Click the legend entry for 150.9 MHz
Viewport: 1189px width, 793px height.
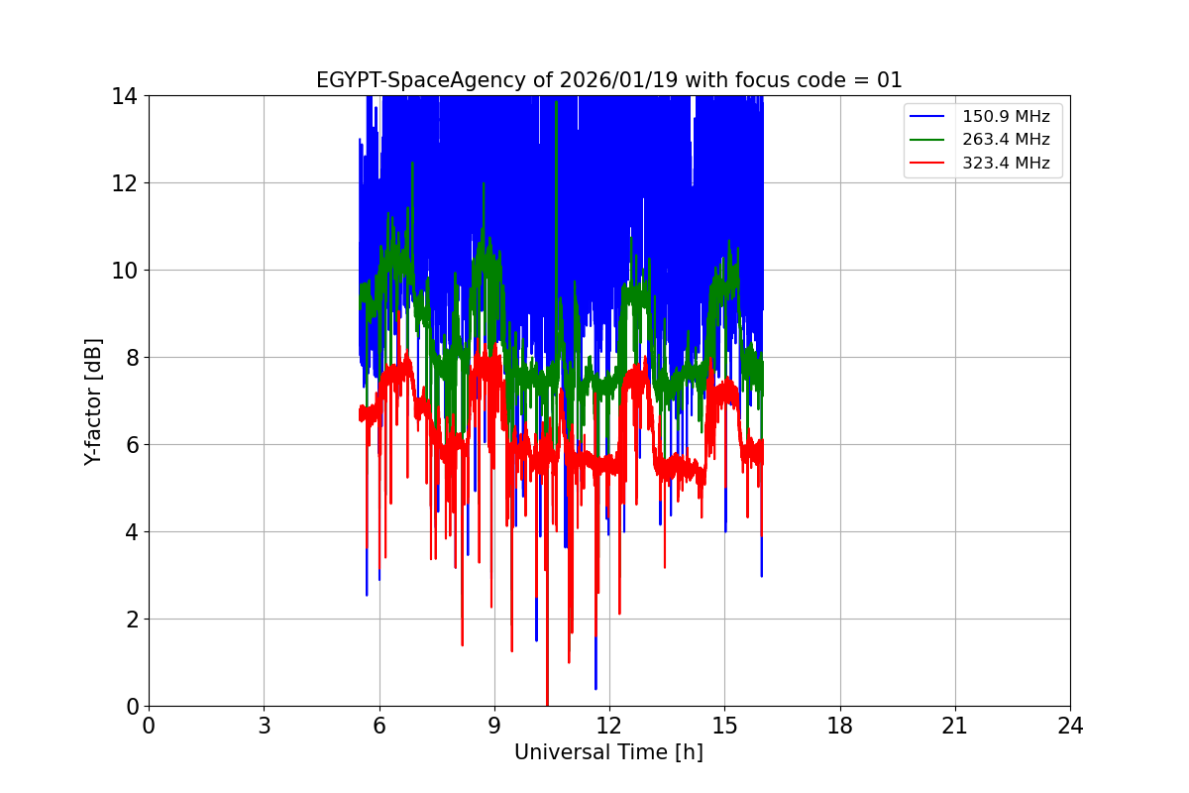coord(1006,116)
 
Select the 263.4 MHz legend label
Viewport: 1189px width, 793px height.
coord(1006,140)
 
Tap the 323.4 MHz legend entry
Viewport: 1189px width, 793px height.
coord(1006,163)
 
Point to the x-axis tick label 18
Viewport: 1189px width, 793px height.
coord(840,726)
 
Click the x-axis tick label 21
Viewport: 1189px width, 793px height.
coord(955,726)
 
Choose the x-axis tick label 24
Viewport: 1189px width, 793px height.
coord(1070,726)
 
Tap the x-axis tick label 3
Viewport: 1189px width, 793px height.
coord(264,726)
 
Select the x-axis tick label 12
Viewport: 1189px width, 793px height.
coord(609,726)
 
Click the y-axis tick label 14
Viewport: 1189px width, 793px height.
coord(125,96)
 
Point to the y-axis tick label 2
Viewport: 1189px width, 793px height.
coord(131,620)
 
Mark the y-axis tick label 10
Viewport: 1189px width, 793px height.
coord(125,271)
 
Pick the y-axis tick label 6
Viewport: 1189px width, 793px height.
coord(131,445)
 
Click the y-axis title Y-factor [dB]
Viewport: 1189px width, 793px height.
coord(93,401)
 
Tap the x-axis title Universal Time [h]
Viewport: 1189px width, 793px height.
coord(608,752)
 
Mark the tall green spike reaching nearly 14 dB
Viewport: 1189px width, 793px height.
coord(556,109)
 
